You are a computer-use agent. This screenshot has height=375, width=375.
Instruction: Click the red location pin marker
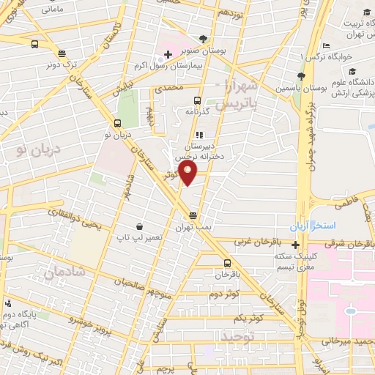189,174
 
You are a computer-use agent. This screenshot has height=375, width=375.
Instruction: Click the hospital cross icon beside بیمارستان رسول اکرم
167,55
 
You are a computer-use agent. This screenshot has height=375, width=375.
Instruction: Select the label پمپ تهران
193,226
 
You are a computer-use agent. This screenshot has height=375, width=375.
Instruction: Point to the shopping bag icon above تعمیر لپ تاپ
138,227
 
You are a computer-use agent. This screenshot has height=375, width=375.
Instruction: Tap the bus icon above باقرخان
227,263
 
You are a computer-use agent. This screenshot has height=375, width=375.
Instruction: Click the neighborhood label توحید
236,336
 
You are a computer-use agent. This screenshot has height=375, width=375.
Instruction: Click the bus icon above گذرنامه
196,100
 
